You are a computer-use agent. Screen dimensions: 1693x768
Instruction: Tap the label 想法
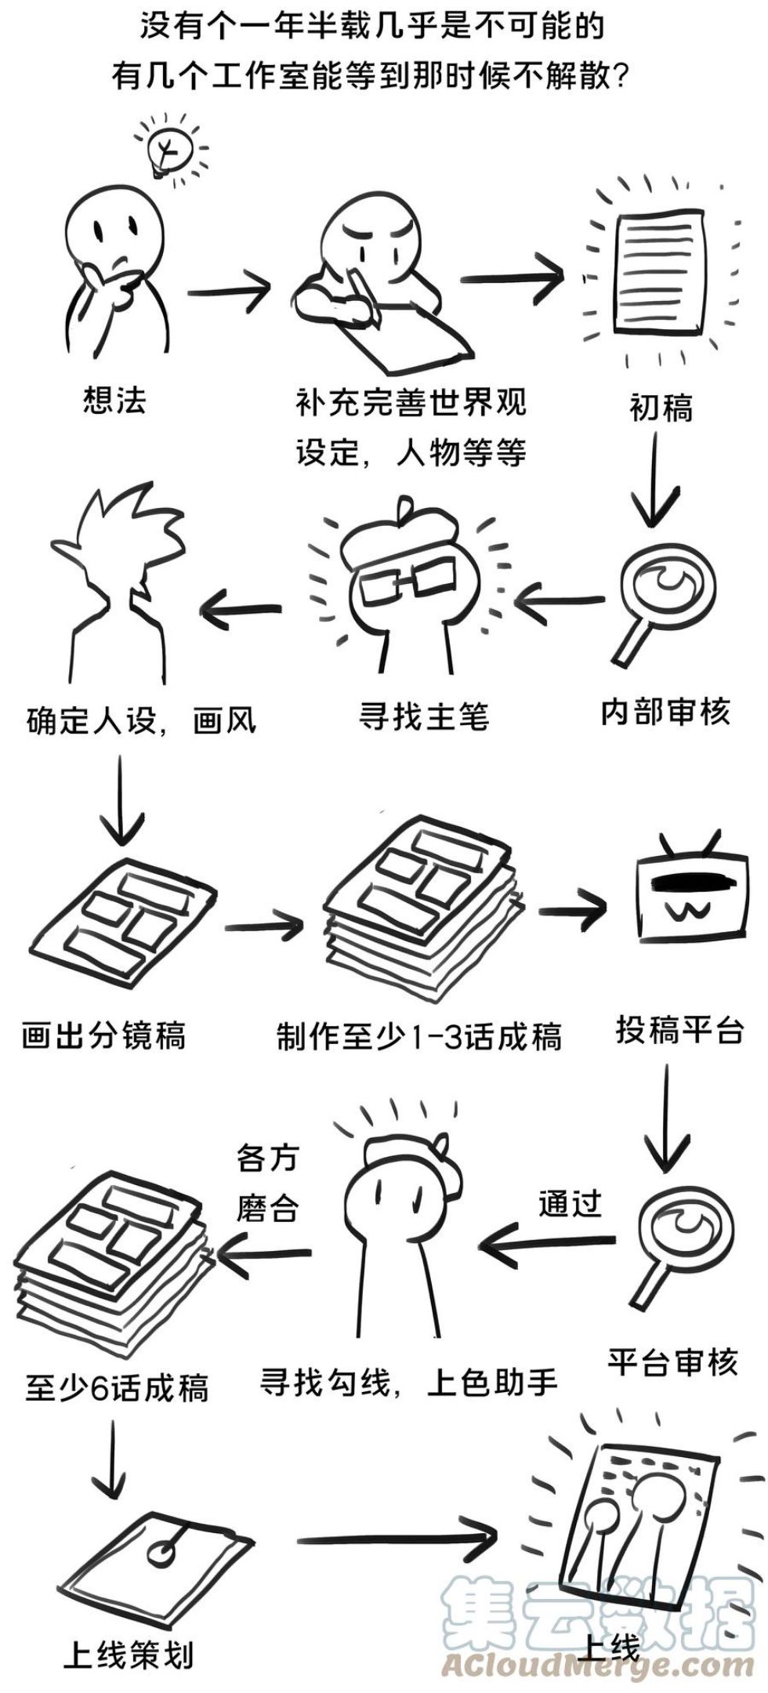tap(114, 401)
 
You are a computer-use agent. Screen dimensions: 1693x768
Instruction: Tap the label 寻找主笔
tap(423, 716)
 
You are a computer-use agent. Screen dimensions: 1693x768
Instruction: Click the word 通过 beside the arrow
tap(570, 1203)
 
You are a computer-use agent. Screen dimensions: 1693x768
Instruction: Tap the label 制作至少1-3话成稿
tap(418, 1037)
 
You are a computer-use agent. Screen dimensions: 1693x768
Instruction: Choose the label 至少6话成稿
tap(118, 1388)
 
